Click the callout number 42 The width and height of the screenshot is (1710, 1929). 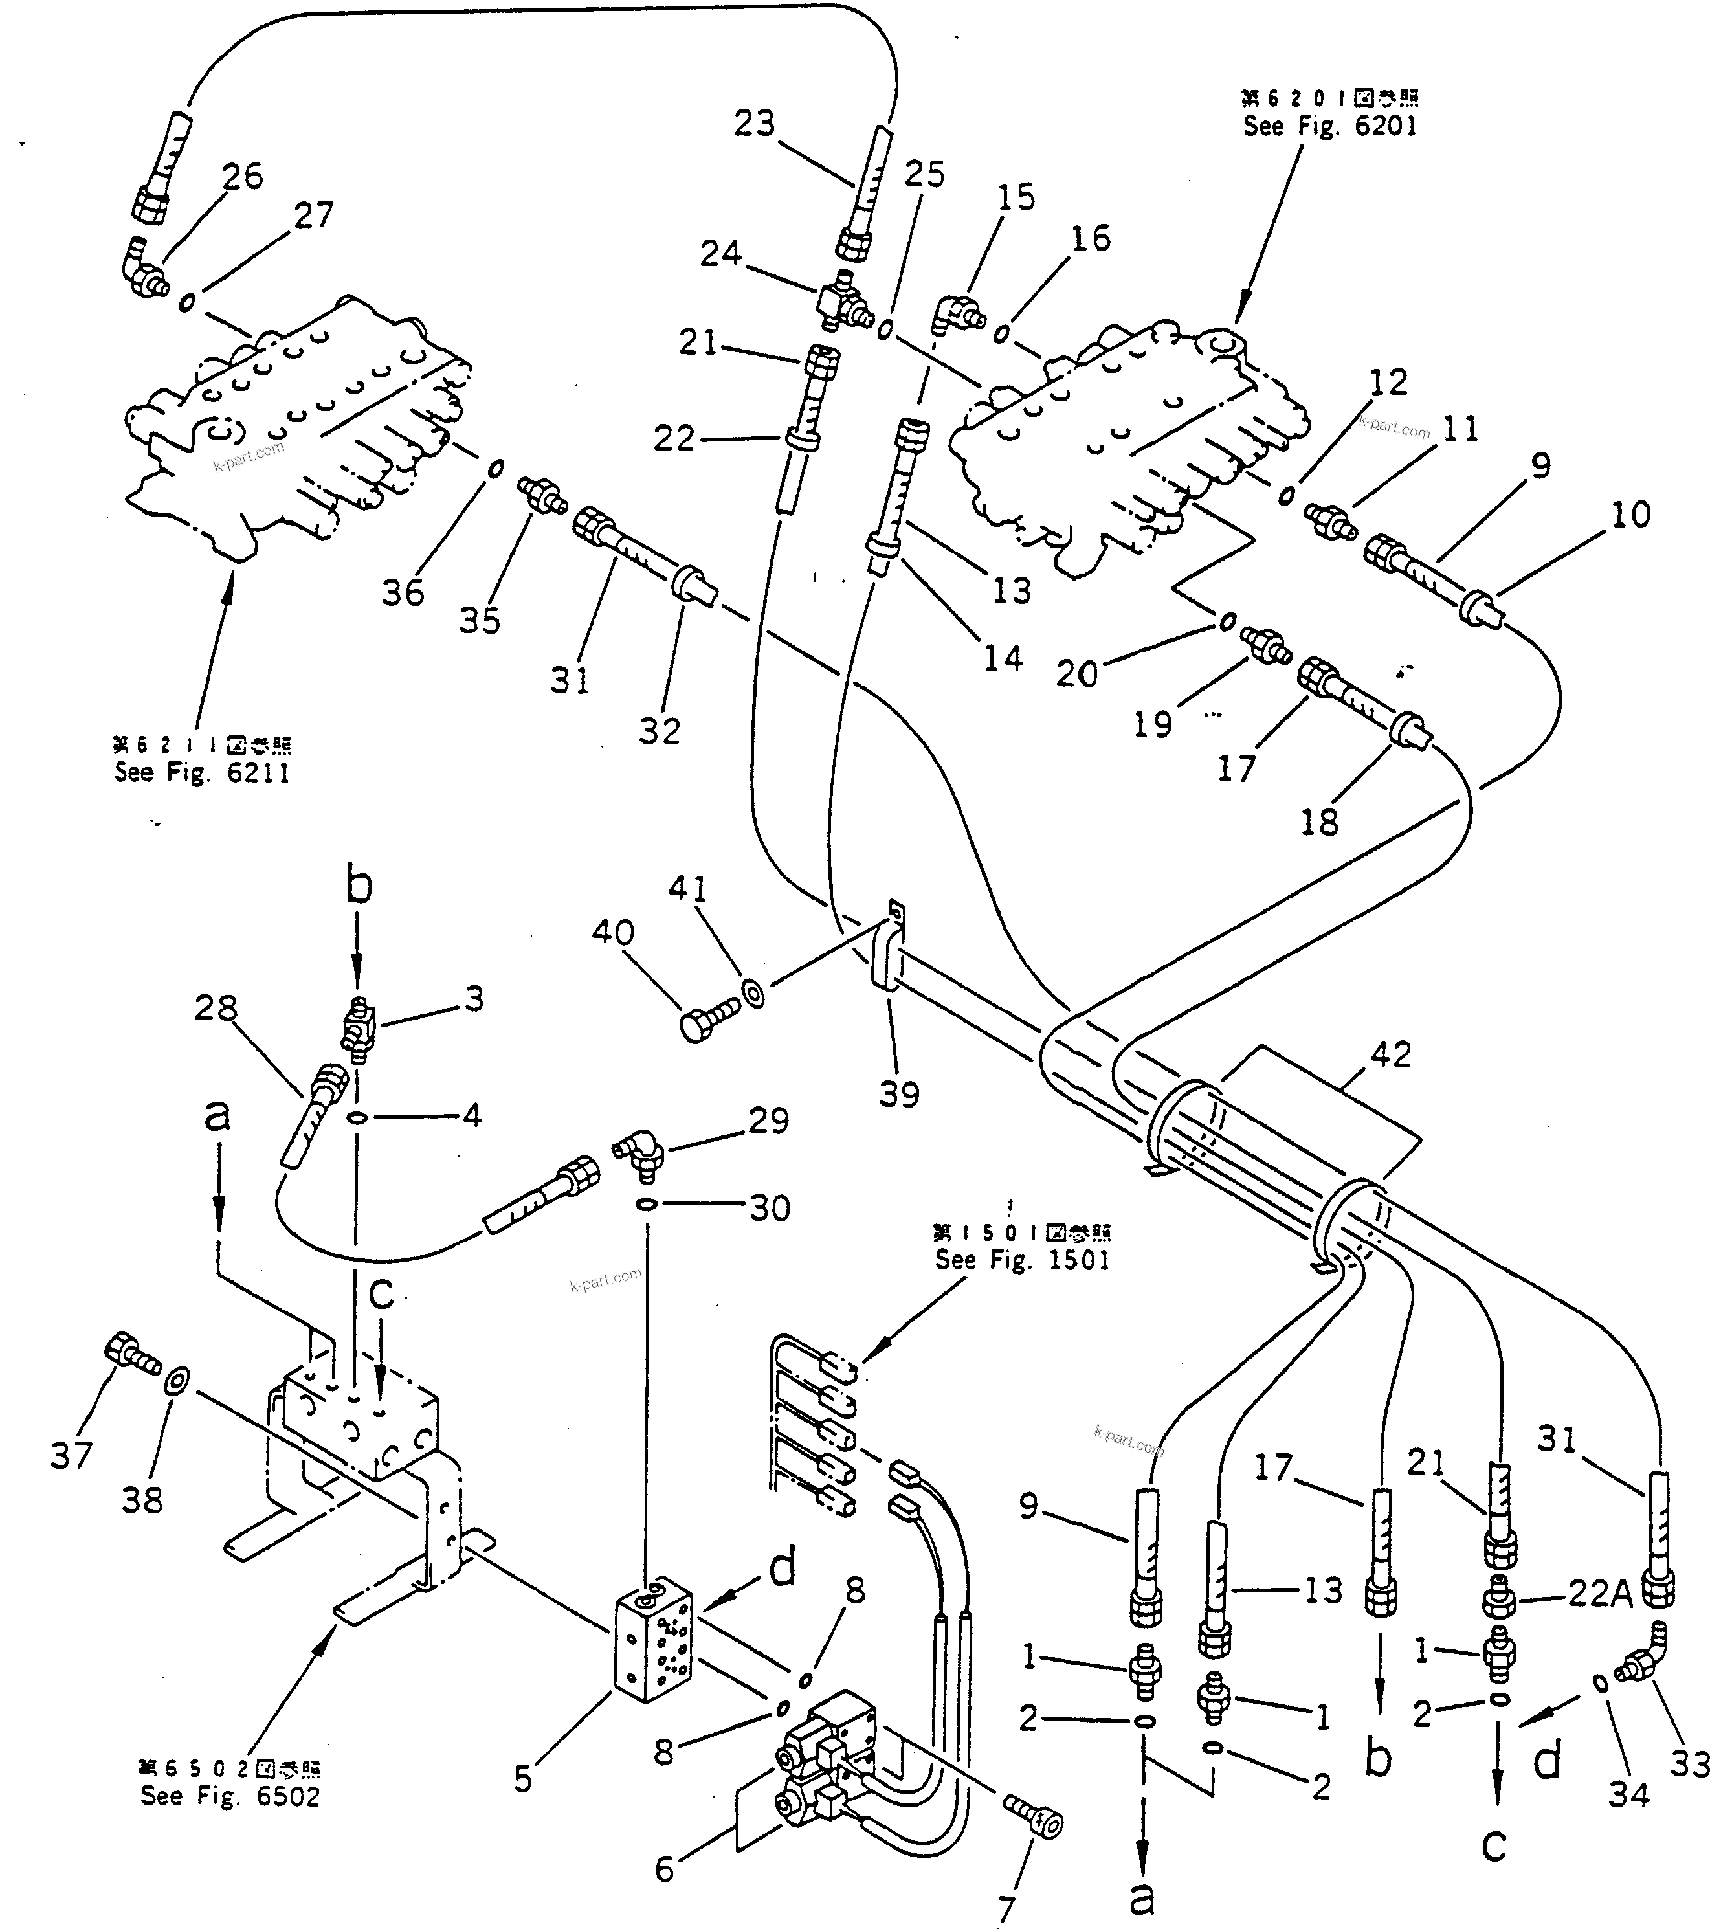(x=1390, y=1055)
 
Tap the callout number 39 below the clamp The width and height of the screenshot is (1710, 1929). (x=898, y=1095)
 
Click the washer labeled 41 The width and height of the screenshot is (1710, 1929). (x=754, y=994)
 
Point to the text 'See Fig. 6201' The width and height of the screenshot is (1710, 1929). (x=1329, y=126)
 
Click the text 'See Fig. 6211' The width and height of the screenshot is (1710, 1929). (x=202, y=773)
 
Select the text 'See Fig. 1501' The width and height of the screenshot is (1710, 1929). (x=1022, y=1260)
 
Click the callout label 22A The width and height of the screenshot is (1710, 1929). (x=1601, y=1593)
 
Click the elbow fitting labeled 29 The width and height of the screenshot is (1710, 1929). (x=641, y=1154)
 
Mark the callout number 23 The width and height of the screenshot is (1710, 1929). (x=754, y=124)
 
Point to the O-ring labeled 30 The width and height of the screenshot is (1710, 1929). (x=647, y=1204)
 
